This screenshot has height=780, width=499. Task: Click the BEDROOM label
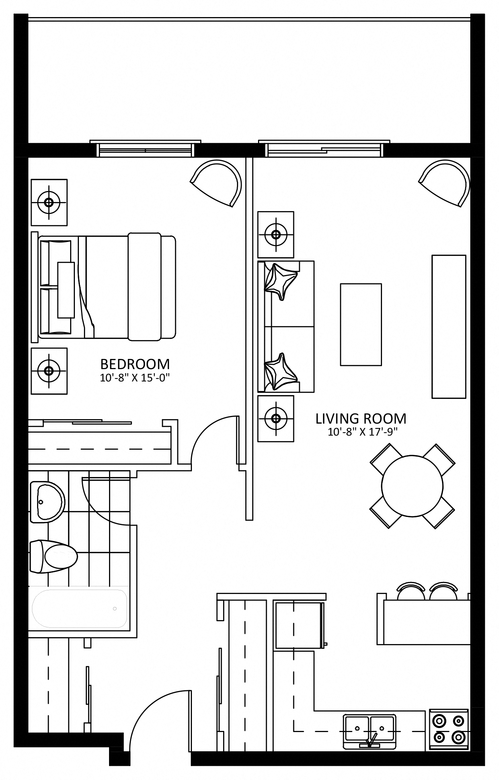click(x=135, y=364)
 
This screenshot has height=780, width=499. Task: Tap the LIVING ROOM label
click(x=361, y=419)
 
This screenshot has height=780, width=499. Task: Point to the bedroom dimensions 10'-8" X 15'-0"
click(x=135, y=378)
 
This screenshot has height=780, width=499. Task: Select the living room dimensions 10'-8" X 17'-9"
click(x=362, y=432)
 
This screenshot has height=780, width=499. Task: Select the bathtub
click(x=79, y=609)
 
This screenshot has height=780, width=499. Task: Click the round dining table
click(x=412, y=486)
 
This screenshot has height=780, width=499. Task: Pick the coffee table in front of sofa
click(x=361, y=324)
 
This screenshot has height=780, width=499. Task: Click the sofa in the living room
click(x=286, y=326)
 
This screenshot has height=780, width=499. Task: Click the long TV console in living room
click(x=448, y=327)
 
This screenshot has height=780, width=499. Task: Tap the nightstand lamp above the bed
click(x=49, y=202)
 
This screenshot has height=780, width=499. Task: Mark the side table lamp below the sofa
click(x=276, y=419)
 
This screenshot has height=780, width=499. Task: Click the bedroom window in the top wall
click(x=145, y=149)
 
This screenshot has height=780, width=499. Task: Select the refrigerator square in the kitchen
click(x=299, y=625)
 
